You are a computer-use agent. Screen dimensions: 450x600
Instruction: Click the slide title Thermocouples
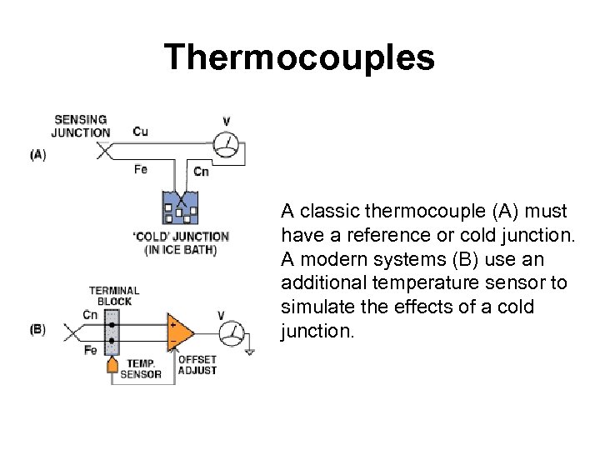click(x=299, y=57)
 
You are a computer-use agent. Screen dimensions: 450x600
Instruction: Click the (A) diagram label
click(x=38, y=154)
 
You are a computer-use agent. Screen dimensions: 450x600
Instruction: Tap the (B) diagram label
click(x=38, y=328)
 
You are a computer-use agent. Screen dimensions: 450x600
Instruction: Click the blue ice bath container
click(x=178, y=208)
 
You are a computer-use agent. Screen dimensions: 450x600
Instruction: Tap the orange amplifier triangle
click(x=179, y=332)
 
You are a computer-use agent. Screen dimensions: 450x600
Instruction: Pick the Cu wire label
click(x=141, y=131)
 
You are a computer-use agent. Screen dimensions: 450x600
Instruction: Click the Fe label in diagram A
click(x=141, y=169)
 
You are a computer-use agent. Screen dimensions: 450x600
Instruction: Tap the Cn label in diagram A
click(x=201, y=172)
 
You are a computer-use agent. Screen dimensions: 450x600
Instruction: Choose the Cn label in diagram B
click(x=90, y=315)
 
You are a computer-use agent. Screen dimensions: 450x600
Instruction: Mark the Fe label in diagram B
click(x=90, y=351)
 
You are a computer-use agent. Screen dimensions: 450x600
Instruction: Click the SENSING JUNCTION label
click(x=81, y=126)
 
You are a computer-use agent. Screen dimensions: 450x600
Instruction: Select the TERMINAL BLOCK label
click(x=114, y=296)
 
